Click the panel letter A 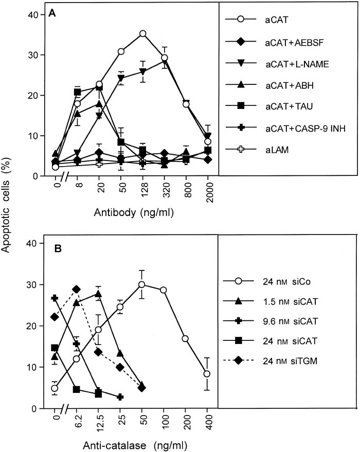click(52, 15)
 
